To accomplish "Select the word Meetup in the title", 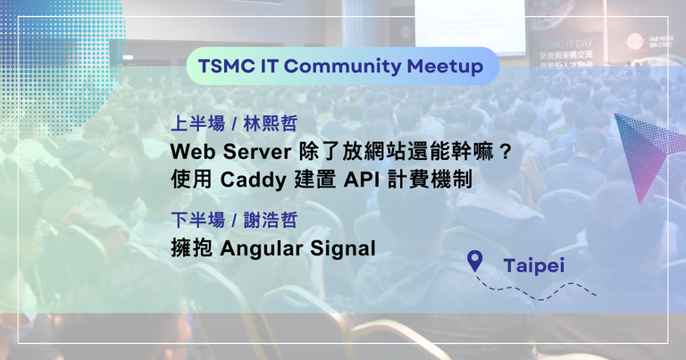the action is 445,67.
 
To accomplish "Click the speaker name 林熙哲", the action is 271,124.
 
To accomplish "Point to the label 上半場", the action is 197,124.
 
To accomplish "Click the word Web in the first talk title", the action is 193,152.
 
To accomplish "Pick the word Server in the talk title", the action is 257,152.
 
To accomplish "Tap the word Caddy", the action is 253,180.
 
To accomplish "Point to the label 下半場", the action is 197,220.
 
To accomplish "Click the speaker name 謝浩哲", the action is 271,220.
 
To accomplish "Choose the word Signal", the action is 343,249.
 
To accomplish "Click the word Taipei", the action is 534,266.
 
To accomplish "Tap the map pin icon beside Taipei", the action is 474,259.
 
